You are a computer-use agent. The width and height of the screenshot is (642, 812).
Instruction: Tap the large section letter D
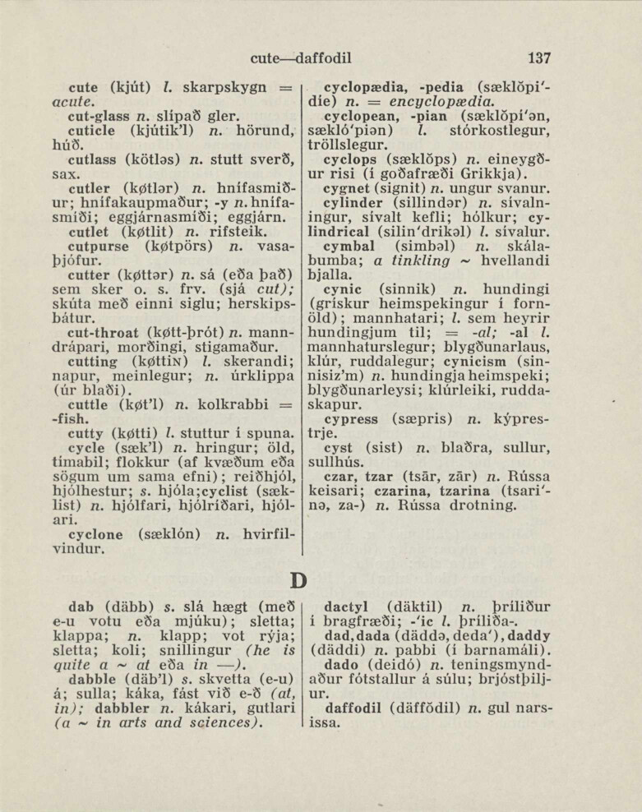[x=299, y=580]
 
